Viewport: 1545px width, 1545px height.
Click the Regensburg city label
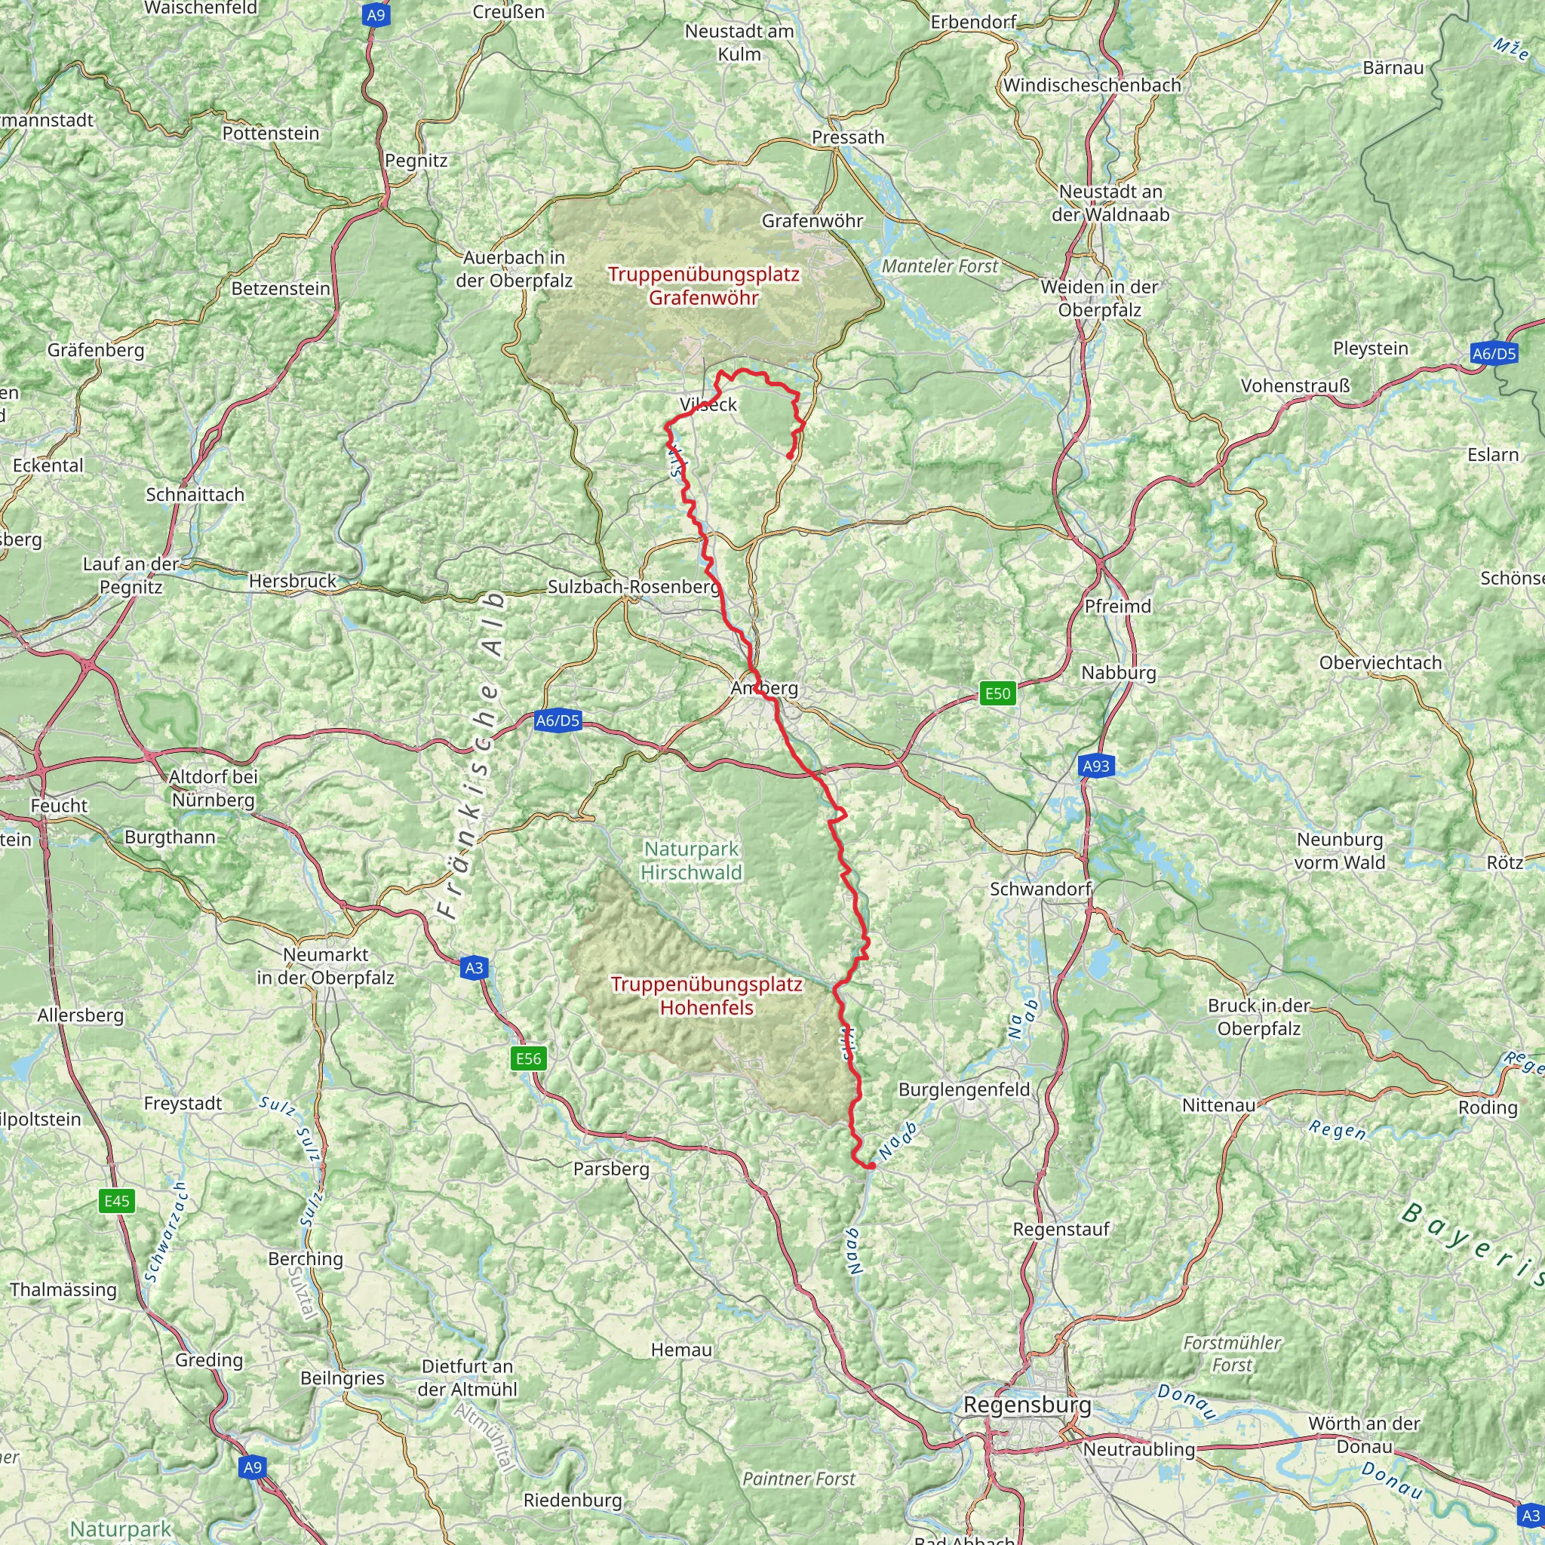(x=1027, y=1405)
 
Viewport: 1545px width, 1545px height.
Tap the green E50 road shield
(x=997, y=693)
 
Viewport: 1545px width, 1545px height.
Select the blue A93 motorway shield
(x=1095, y=766)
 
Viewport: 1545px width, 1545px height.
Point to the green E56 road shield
(x=528, y=1058)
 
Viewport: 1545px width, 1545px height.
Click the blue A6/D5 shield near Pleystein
(x=1494, y=354)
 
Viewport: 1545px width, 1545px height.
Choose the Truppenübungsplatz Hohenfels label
(x=706, y=996)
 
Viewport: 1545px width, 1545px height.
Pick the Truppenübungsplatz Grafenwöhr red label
(x=703, y=285)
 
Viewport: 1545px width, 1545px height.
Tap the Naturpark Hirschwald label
(x=692, y=861)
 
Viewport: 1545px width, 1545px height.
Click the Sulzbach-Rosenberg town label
(x=634, y=586)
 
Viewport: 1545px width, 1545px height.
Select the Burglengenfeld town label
(x=963, y=1089)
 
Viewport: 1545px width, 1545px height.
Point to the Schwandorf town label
(x=1040, y=889)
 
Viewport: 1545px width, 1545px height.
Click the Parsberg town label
(x=611, y=1169)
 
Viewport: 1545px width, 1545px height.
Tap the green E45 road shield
(x=117, y=1200)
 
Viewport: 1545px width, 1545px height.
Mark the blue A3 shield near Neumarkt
(x=474, y=968)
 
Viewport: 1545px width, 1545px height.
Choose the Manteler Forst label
(x=940, y=266)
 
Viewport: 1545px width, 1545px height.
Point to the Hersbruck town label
(x=293, y=581)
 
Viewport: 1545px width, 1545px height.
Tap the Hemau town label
(x=680, y=1350)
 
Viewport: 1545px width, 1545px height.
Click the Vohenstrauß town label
(x=1295, y=385)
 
